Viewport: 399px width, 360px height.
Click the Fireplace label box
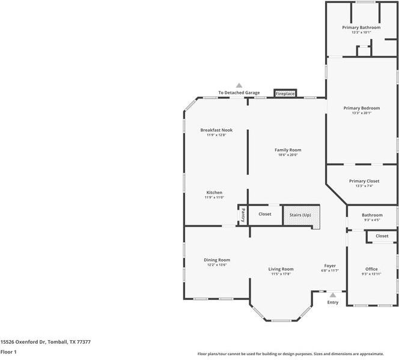click(x=285, y=94)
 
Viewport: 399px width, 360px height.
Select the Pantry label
click(x=243, y=215)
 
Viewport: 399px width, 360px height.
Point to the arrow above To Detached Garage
click(x=239, y=86)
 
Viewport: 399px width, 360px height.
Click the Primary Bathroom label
click(x=361, y=28)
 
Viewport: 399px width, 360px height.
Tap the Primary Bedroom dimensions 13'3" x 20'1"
click(x=361, y=113)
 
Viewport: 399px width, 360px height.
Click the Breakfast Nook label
click(x=216, y=130)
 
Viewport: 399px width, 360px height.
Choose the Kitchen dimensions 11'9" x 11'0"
click(x=214, y=198)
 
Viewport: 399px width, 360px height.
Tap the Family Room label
click(x=288, y=150)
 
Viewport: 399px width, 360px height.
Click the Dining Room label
click(x=216, y=260)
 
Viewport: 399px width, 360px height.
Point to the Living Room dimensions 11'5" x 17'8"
click(x=281, y=274)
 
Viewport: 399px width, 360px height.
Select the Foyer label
click(x=330, y=266)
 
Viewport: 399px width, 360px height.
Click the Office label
click(x=372, y=269)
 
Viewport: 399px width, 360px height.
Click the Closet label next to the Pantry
click(x=264, y=214)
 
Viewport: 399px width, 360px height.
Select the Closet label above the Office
click(x=382, y=236)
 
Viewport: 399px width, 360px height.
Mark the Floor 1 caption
click(x=8, y=352)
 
